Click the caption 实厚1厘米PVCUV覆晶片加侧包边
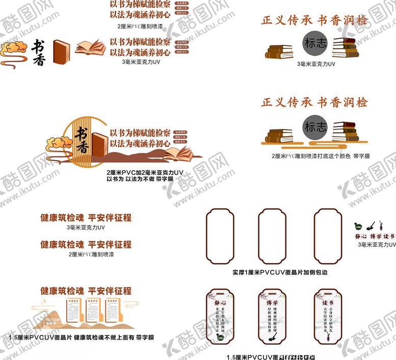(x=279, y=272)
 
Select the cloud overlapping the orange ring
(x=59, y=143)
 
